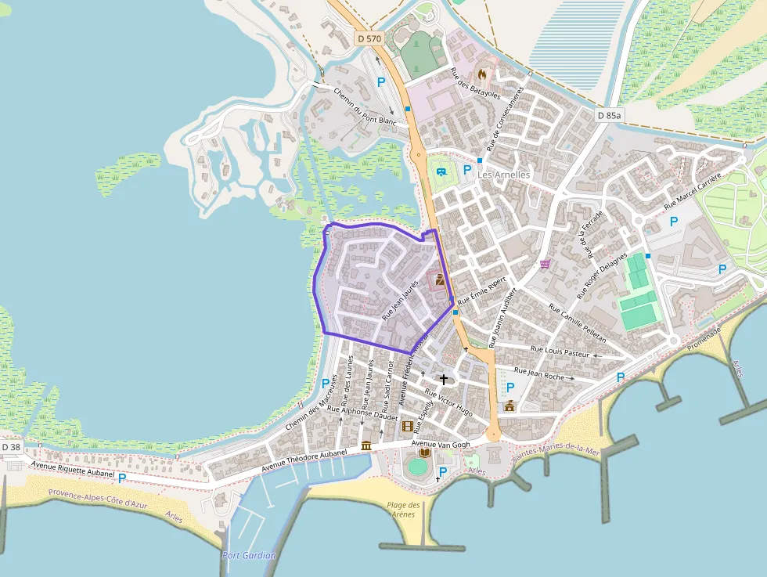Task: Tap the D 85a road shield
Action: tap(608, 115)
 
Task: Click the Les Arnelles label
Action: tap(503, 175)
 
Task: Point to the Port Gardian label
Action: tap(249, 555)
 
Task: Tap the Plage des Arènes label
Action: tap(403, 510)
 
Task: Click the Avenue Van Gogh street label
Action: tap(441, 445)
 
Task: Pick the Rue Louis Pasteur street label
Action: tap(560, 352)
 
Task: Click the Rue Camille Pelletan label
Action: tap(578, 323)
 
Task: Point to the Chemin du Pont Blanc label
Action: tap(365, 106)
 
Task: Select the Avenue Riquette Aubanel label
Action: tap(73, 470)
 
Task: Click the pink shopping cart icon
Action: tap(545, 264)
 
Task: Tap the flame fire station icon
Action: tap(481, 74)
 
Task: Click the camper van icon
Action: tap(441, 171)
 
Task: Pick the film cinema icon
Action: tap(407, 426)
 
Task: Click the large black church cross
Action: tap(444, 380)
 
